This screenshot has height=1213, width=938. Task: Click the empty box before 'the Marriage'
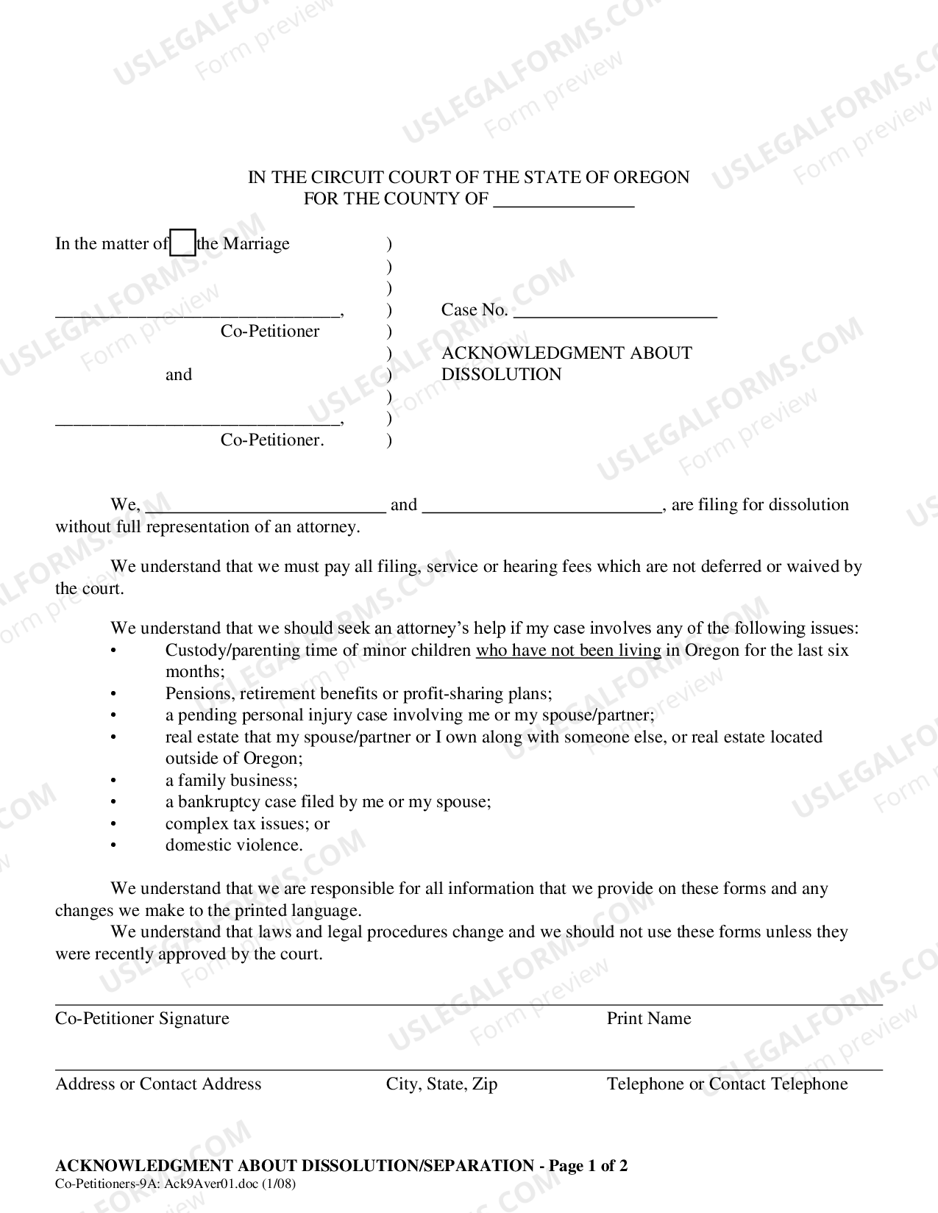[x=182, y=243]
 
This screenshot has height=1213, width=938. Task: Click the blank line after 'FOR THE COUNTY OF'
[x=563, y=200]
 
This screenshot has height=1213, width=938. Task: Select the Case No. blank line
[x=614, y=311]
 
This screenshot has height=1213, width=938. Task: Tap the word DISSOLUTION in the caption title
[x=501, y=374]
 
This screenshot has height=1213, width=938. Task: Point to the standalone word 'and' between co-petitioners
[x=179, y=375]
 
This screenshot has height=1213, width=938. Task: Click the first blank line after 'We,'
[x=265, y=506]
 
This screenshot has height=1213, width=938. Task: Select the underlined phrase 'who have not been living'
[x=568, y=650]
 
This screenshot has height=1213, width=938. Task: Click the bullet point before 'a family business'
[x=113, y=781]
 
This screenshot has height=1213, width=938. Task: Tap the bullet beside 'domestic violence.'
[x=113, y=845]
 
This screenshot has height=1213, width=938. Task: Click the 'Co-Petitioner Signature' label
[x=142, y=1018]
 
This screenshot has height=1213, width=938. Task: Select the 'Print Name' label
[x=648, y=1018]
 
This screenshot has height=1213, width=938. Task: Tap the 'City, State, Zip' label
[x=441, y=1084]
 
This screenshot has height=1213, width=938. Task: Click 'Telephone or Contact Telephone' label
[x=727, y=1084]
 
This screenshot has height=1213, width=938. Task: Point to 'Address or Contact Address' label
[x=158, y=1084]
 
